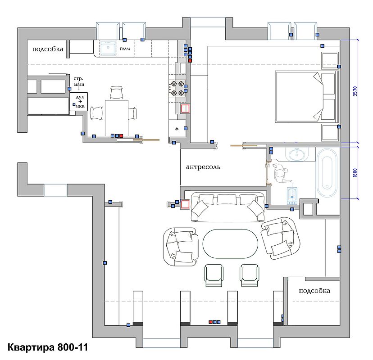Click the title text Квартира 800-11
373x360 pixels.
[x=48, y=347]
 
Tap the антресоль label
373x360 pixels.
[x=203, y=167]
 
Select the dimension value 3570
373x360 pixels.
[x=355, y=91]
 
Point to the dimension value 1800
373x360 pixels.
[x=355, y=173]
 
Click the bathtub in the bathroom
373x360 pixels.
[x=328, y=173]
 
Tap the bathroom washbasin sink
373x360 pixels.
[x=297, y=155]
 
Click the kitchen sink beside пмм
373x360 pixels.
[x=108, y=48]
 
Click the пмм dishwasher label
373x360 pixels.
[x=125, y=49]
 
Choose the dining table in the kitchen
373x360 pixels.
[x=117, y=118]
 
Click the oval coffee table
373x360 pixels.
[x=230, y=243]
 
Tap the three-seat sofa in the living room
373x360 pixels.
[x=227, y=207]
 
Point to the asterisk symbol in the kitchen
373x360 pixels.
[x=177, y=129]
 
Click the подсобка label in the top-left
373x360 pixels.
[x=48, y=49]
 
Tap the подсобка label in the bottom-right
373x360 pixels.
[x=314, y=291]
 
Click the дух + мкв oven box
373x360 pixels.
[x=79, y=102]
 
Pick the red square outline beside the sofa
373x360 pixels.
[x=185, y=204]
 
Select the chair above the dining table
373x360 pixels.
[x=117, y=92]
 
